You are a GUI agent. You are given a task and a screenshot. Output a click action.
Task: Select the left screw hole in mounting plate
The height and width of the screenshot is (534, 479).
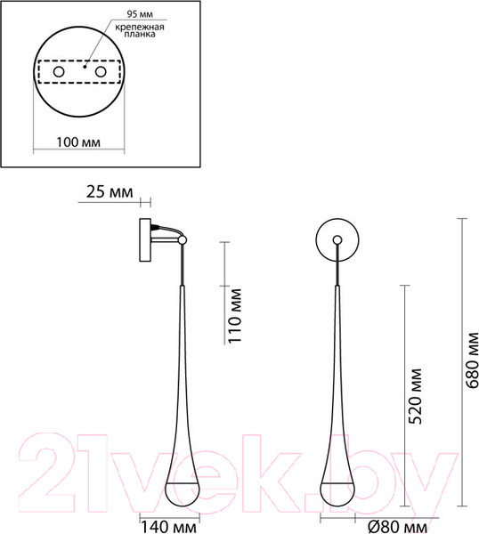(59, 71)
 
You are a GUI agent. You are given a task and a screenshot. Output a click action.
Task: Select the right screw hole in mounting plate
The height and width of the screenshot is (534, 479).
(101, 71)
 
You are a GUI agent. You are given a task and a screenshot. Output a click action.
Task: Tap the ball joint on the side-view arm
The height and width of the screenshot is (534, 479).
(182, 239)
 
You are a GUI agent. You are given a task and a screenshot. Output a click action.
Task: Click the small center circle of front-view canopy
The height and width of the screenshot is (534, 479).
(338, 239)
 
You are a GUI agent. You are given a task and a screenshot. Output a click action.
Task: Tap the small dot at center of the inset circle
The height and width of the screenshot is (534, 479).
(80, 64)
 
